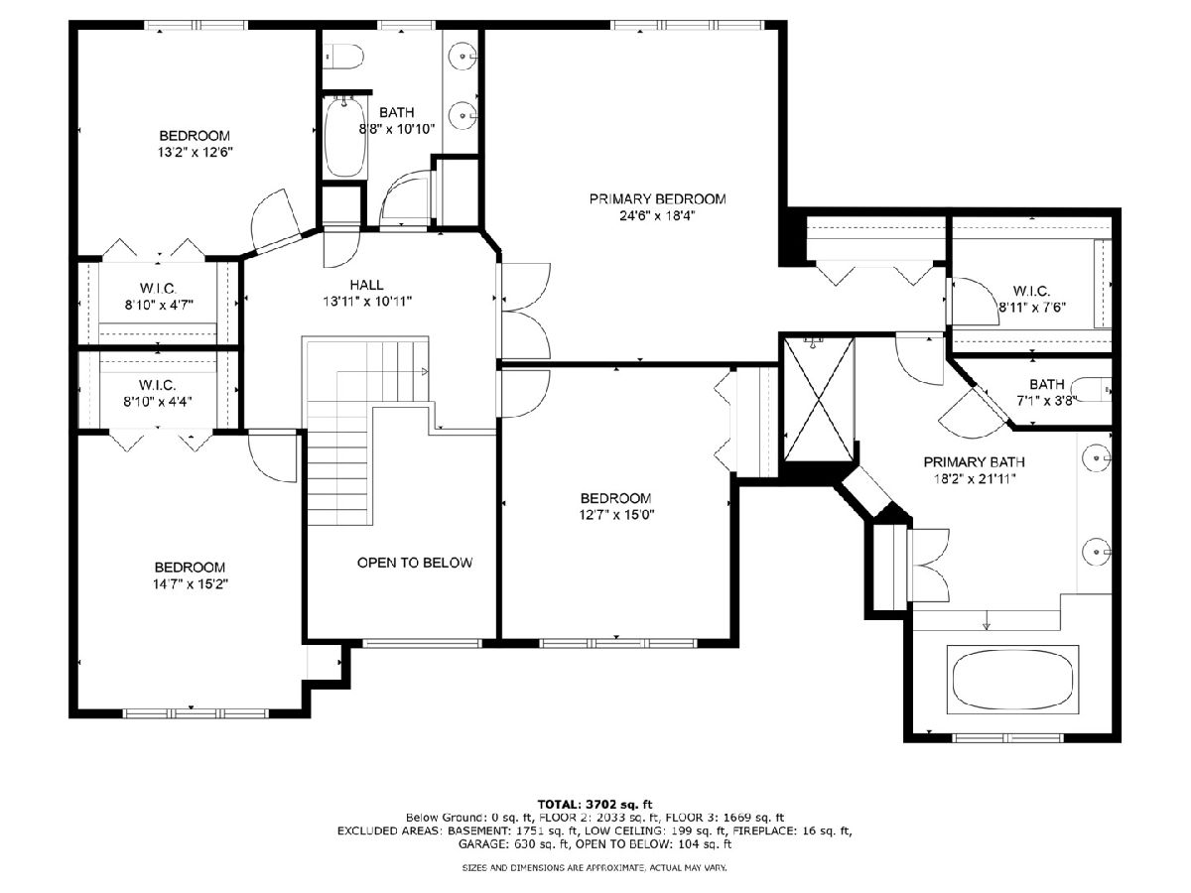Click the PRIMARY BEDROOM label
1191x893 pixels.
(x=657, y=199)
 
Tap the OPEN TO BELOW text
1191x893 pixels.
(x=415, y=563)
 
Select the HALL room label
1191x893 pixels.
(x=367, y=285)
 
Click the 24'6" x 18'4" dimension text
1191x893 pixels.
(x=657, y=215)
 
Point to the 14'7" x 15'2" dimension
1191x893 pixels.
(x=190, y=584)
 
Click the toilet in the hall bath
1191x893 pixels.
(x=343, y=57)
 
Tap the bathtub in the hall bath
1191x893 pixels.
(x=344, y=137)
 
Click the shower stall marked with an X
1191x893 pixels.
(x=819, y=399)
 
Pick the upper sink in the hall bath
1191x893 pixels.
(x=463, y=56)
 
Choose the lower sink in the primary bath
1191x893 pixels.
(x=1097, y=552)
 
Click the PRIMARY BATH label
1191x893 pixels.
(x=974, y=462)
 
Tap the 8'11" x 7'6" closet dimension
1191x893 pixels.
(x=1032, y=308)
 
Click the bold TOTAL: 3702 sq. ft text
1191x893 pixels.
(x=595, y=804)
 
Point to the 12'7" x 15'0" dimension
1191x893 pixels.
(x=616, y=515)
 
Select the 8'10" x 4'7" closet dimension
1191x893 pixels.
(x=159, y=305)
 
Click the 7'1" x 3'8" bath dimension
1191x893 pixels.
(x=1046, y=401)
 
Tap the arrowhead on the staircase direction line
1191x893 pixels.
(x=425, y=371)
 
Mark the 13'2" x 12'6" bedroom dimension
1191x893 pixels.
(x=195, y=153)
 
